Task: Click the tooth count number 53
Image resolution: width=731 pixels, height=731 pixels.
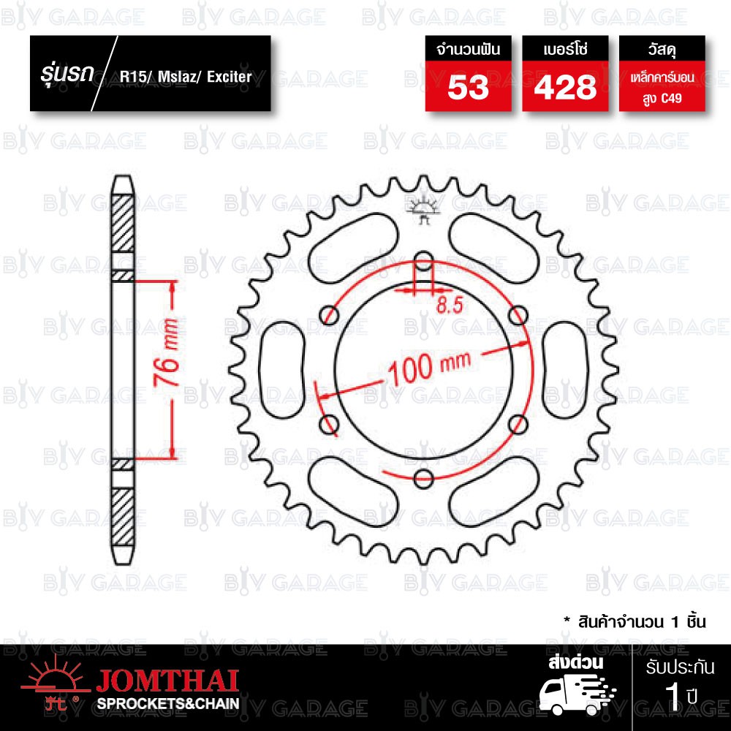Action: pos(468,87)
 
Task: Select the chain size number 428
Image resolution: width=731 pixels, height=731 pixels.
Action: pos(565,87)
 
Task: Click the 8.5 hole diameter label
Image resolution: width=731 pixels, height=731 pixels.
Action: pos(450,306)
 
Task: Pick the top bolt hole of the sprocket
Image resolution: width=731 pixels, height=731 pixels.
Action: pos(423,261)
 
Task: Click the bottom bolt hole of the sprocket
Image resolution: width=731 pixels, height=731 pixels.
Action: pos(423,479)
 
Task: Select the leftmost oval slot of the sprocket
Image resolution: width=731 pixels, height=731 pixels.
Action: pos(281,370)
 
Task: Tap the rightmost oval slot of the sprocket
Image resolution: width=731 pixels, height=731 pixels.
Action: pos(566,370)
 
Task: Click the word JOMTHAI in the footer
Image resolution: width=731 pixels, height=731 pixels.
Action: pos(167,681)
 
